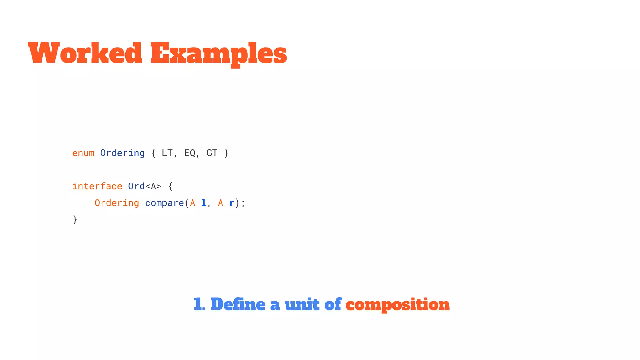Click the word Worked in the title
click(85, 53)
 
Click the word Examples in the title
click(218, 53)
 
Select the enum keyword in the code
click(83, 153)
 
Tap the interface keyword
click(97, 186)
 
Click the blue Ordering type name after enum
click(122, 153)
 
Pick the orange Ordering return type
click(117, 203)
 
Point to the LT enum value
click(167, 153)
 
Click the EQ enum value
click(190, 153)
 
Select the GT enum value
click(212, 153)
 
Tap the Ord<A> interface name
click(145, 186)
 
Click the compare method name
click(164, 203)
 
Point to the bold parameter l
click(204, 203)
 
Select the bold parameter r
click(232, 203)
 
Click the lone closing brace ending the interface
click(75, 220)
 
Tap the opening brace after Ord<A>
click(170, 187)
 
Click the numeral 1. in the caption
click(199, 305)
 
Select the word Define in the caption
click(238, 305)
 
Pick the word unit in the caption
click(302, 305)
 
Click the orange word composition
click(397, 305)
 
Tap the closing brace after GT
click(226, 153)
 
